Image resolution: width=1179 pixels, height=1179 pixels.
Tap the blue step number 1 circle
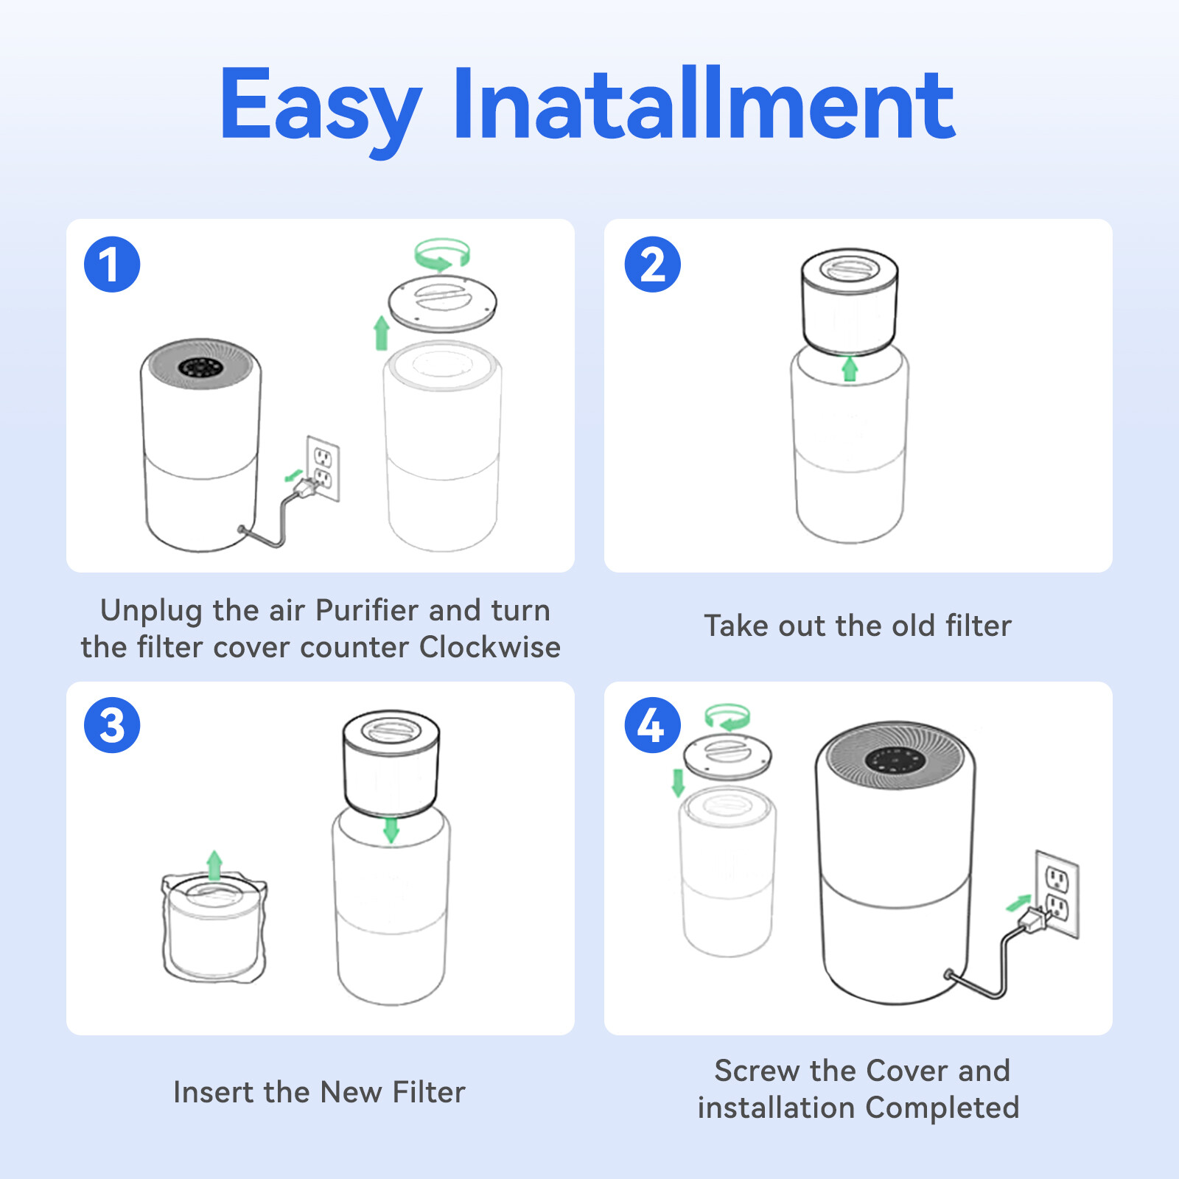[x=112, y=265]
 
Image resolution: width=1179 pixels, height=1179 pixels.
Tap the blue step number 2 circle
[x=652, y=265]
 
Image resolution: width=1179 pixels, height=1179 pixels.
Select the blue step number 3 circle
[x=112, y=725]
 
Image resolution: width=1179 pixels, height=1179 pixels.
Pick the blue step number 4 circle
[x=652, y=725]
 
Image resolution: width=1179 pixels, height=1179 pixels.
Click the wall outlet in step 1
[x=323, y=469]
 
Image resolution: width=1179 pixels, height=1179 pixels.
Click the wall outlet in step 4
[x=1057, y=893]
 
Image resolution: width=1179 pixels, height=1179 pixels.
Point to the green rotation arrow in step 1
[x=441, y=254]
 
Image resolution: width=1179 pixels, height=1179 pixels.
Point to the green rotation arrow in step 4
[x=727, y=717]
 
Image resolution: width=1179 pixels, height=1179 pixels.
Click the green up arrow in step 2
[x=850, y=368]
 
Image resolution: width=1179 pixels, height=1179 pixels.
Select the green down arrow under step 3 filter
[x=391, y=830]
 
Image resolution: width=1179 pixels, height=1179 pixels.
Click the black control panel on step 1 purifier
[x=200, y=367]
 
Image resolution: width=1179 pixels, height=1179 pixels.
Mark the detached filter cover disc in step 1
[x=442, y=302]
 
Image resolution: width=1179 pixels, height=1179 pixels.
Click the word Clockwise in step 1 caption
[x=489, y=647]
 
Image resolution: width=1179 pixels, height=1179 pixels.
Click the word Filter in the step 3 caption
[x=429, y=1092]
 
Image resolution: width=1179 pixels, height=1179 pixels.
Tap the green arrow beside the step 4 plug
[x=1018, y=902]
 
